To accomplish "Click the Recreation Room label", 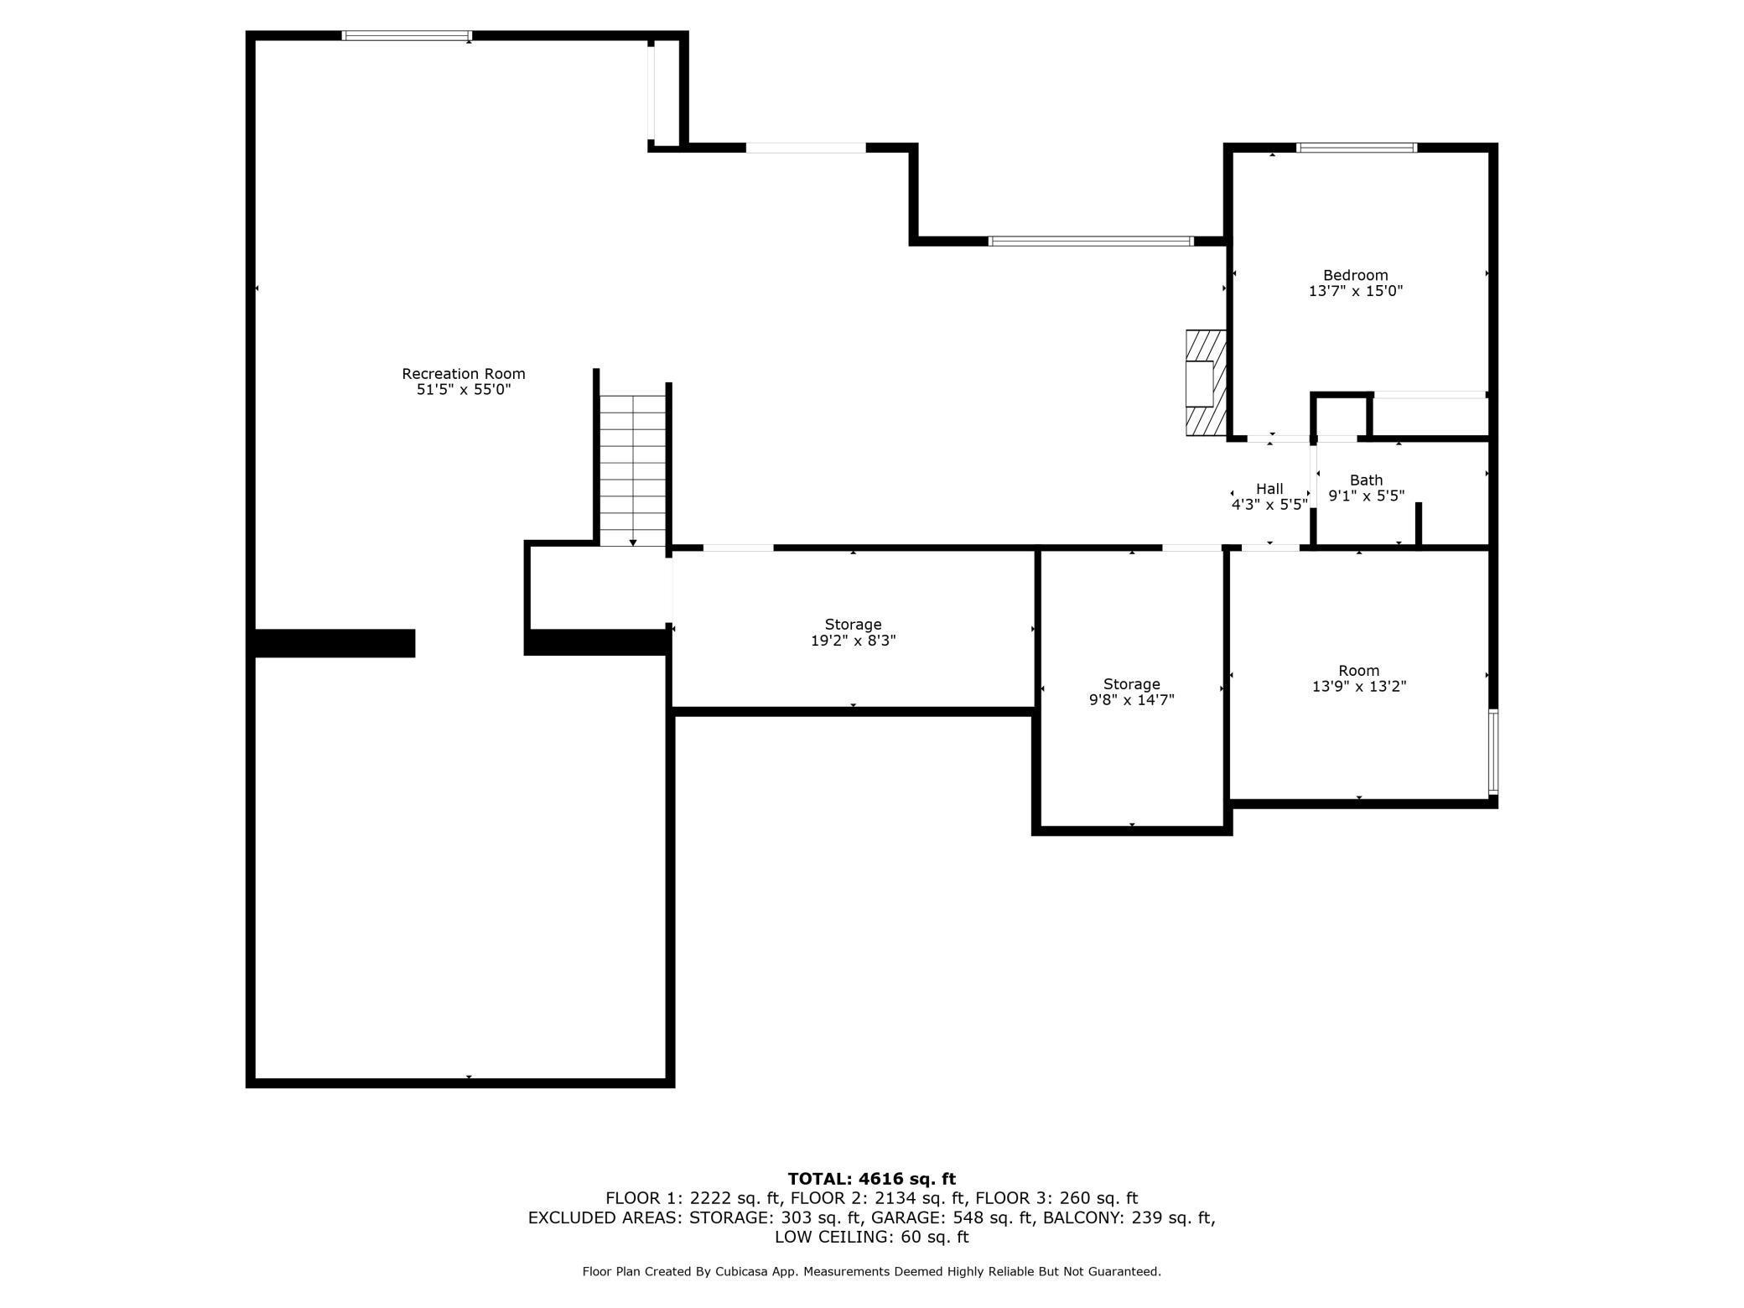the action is [464, 374].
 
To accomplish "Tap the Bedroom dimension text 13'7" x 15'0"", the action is [1356, 291].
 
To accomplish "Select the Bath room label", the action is [1366, 480].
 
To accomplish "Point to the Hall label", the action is [1269, 489].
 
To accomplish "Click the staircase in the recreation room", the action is [633, 470].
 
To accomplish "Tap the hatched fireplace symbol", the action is [1206, 382].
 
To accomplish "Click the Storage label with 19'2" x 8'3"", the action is [853, 625].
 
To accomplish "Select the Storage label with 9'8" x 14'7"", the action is [1132, 684].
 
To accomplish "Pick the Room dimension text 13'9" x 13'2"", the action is [1359, 686].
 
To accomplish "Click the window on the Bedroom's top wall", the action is [1357, 148].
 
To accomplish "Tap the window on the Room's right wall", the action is [1493, 751].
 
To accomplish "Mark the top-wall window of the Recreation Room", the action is [407, 36].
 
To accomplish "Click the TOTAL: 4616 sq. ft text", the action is [872, 1179].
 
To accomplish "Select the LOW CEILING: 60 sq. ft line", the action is [872, 1237].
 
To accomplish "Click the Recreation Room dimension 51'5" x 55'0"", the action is [464, 390].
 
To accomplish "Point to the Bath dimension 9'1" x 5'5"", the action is [1367, 496].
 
